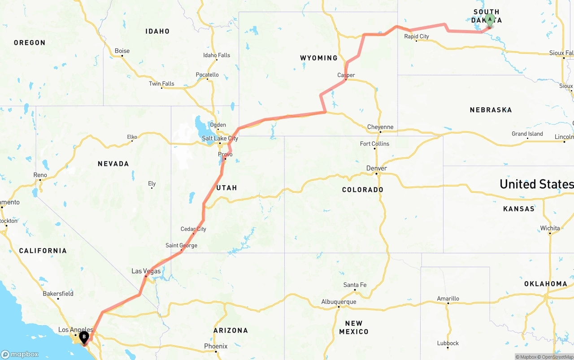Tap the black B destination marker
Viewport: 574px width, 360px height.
84,337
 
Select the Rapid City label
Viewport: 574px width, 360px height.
416,36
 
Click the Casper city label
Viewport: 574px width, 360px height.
346,75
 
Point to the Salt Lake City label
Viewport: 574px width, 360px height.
220,139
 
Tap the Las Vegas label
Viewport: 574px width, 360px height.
146,271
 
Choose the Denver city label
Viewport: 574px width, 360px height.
376,168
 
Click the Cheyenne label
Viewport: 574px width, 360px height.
380,127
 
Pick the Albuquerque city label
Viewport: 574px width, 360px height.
339,302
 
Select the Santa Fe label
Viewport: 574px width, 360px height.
354,285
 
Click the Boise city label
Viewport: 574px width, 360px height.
122,51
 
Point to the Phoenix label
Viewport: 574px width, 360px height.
216,346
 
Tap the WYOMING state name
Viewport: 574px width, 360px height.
318,58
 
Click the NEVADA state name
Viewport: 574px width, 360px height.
113,164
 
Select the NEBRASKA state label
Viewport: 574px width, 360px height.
491,110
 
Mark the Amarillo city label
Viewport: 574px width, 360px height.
448,299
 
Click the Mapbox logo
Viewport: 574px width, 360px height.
20,354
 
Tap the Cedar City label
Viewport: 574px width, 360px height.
193,229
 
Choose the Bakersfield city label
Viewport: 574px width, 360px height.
58,294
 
